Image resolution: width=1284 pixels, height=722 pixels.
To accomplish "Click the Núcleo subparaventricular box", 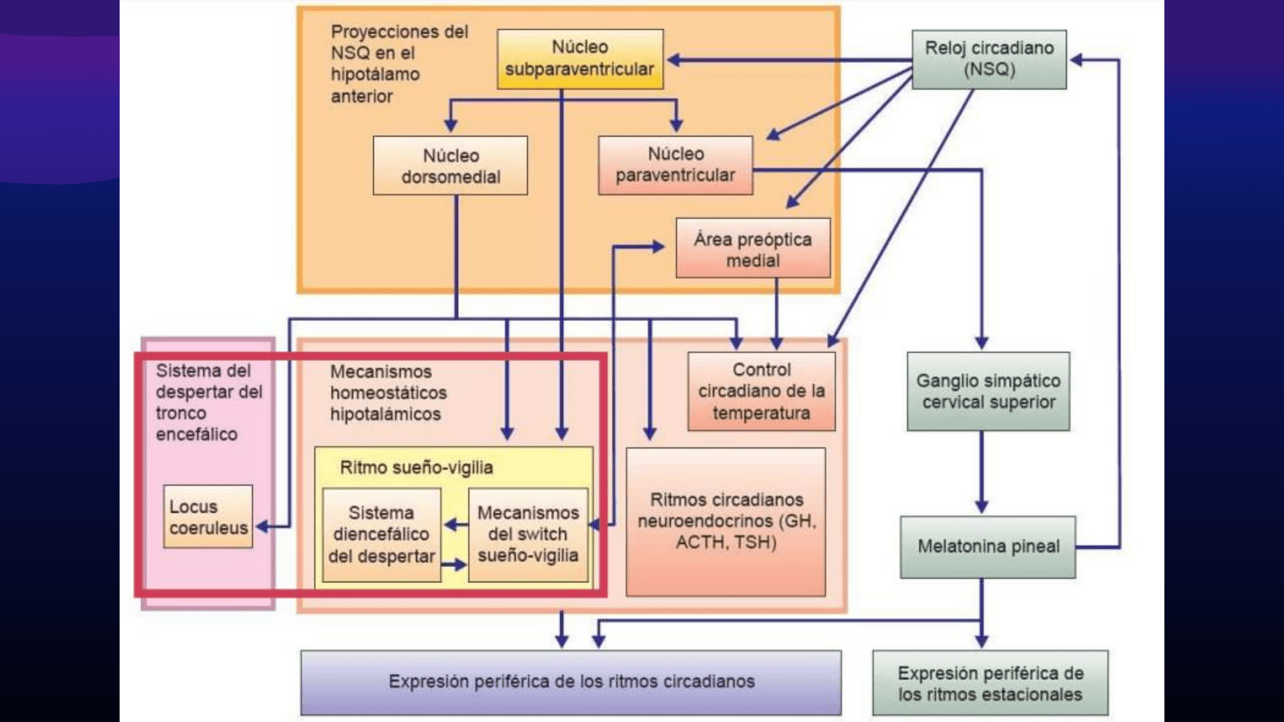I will pyautogui.click(x=580, y=59).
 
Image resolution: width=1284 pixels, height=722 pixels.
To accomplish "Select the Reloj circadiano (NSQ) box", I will pyautogui.click(x=989, y=59).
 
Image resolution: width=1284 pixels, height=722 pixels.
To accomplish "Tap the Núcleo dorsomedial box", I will pyautogui.click(x=450, y=166).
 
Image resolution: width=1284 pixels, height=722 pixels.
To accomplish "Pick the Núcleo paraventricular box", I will pyautogui.click(x=675, y=165).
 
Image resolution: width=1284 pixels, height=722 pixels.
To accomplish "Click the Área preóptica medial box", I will pyautogui.click(x=752, y=248).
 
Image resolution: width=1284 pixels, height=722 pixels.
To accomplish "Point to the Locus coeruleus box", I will pyautogui.click(x=208, y=517).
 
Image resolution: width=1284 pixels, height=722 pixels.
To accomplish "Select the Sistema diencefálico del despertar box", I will pyautogui.click(x=381, y=534).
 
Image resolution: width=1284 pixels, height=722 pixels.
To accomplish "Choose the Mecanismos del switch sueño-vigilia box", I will pyautogui.click(x=528, y=534).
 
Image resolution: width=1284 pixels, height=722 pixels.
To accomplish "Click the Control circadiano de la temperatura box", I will pyautogui.click(x=761, y=391).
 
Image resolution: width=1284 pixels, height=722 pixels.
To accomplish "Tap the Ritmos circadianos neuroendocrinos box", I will pyautogui.click(x=726, y=521).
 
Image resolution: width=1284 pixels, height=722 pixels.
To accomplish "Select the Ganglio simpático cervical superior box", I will pyautogui.click(x=988, y=391).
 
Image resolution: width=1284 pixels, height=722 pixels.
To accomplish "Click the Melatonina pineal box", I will pyautogui.click(x=988, y=547).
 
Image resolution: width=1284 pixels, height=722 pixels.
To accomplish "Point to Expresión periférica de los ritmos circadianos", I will pyautogui.click(x=571, y=682).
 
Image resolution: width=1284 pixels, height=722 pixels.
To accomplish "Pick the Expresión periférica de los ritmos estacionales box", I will pyautogui.click(x=990, y=683).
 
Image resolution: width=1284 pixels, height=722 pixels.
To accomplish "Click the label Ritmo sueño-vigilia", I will pyautogui.click(x=416, y=467).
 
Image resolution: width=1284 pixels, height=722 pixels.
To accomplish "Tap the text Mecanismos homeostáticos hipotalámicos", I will pyautogui.click(x=388, y=393).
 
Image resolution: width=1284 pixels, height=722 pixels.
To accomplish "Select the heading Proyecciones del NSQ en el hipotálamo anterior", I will pyautogui.click(x=399, y=64).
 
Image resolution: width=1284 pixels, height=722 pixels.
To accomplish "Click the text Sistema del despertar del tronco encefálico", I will pyautogui.click(x=208, y=402).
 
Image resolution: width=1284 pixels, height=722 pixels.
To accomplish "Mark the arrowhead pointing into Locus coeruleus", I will pyautogui.click(x=262, y=527).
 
